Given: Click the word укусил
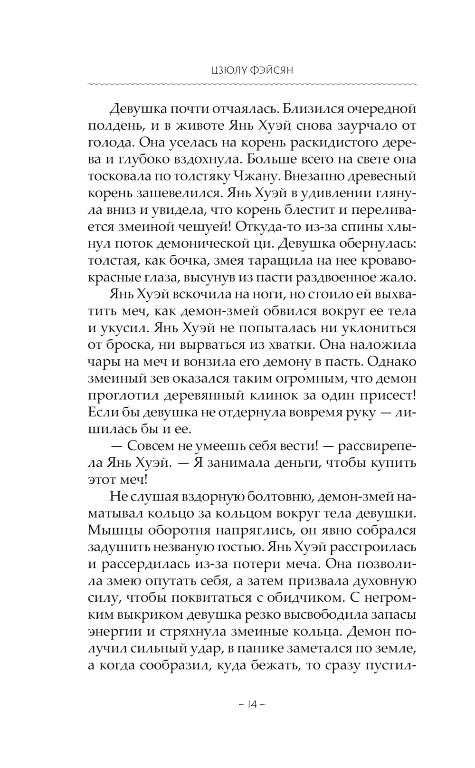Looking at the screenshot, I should pyautogui.click(x=128, y=328).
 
